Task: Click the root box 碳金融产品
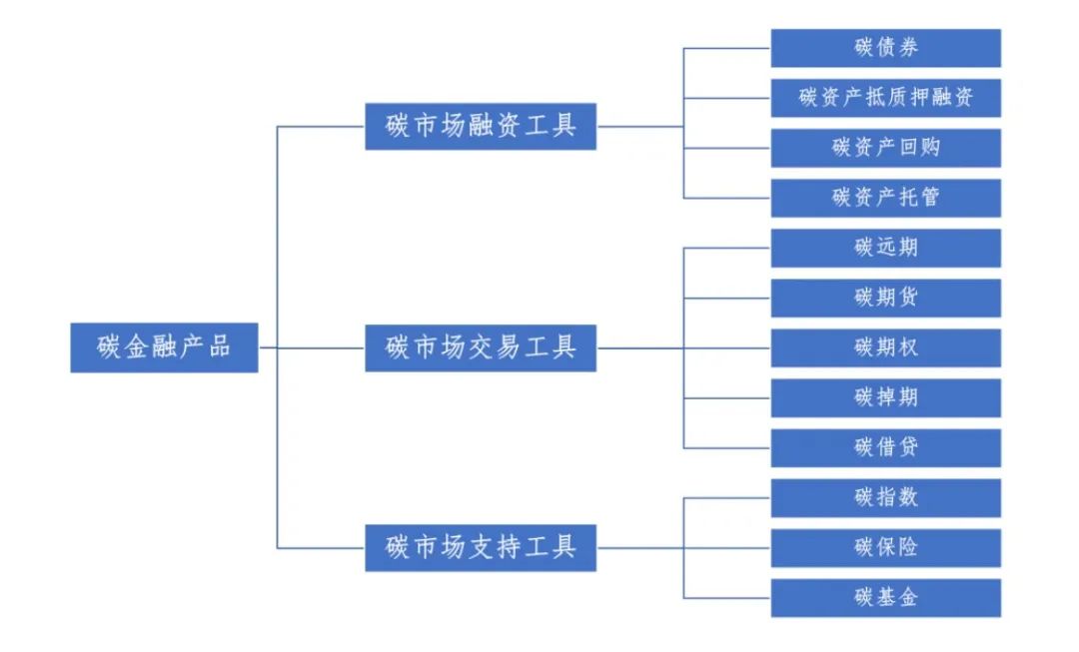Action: tap(164, 347)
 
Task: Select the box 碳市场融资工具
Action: tap(481, 127)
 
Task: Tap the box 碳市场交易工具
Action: tap(481, 347)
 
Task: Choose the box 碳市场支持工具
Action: tap(481, 547)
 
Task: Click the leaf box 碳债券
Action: tap(885, 48)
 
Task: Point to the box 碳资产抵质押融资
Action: tap(885, 98)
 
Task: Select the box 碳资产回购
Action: tap(885, 148)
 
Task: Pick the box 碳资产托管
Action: tap(885, 198)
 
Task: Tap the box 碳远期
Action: tap(885, 248)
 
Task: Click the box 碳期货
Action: tap(885, 298)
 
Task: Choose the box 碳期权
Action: tap(885, 347)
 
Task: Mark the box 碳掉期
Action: tap(885, 397)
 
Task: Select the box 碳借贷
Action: tap(885, 447)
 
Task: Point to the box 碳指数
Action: tap(885, 497)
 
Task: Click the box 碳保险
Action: tap(885, 547)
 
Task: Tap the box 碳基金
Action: tap(885, 597)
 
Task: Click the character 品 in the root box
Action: tap(219, 347)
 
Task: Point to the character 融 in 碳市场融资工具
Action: tap(481, 127)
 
